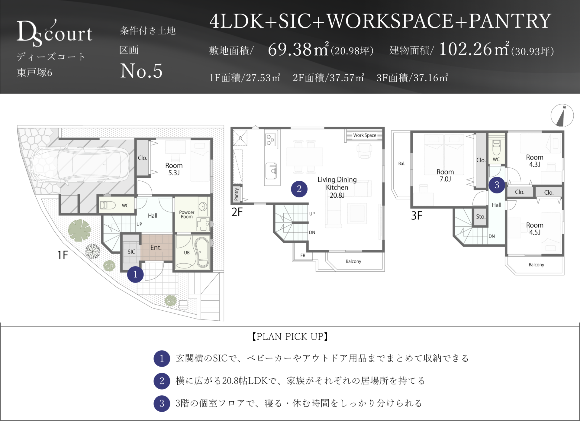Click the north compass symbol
click(562, 115)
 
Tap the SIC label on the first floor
click(131, 252)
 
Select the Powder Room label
click(187, 214)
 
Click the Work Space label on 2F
click(365, 135)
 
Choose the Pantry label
click(237, 194)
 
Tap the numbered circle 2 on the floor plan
click(299, 189)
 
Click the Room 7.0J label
click(445, 175)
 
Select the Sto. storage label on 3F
click(481, 216)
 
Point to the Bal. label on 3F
click(401, 164)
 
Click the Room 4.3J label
click(534, 161)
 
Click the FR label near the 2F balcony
click(303, 255)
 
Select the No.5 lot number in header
click(141, 71)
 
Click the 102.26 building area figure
click(465, 49)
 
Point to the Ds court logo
click(54, 33)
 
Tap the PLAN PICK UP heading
click(290, 336)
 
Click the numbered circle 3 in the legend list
click(162, 403)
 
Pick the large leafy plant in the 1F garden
click(79, 230)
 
